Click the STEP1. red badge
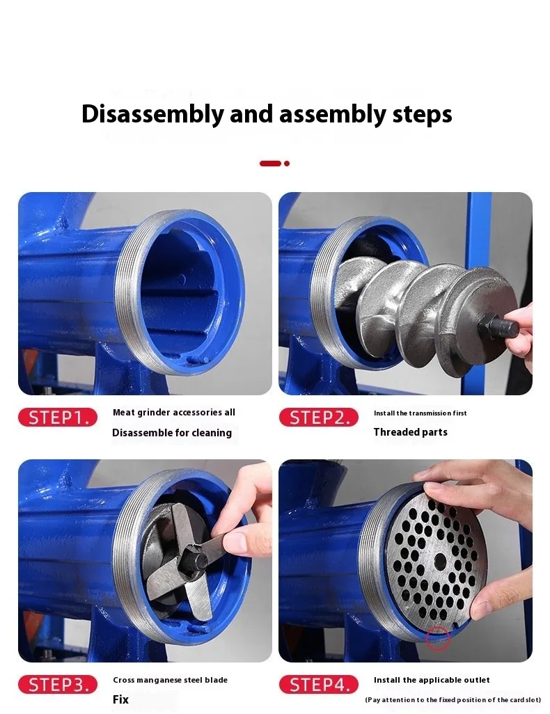(58, 417)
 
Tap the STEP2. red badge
(319, 417)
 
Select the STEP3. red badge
(58, 684)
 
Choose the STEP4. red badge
(319, 684)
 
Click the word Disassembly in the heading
(152, 114)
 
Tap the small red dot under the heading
(287, 164)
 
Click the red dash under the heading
(270, 164)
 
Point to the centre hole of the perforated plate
(440, 562)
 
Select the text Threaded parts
(411, 432)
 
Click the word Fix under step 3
(120, 699)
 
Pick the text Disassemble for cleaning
(172, 433)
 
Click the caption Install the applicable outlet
(432, 680)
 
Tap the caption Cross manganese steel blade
(171, 680)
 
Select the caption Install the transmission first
(420, 413)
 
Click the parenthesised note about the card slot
(453, 700)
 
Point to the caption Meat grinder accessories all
(173, 413)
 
